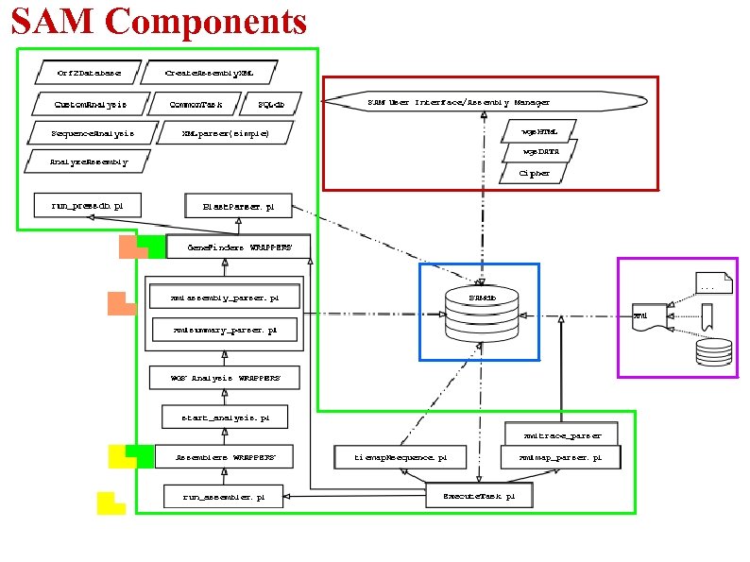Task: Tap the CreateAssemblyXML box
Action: (210, 72)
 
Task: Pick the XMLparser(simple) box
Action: (226, 133)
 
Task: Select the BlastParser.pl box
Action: (240, 205)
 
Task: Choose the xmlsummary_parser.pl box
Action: (225, 331)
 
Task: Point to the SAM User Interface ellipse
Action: (484, 101)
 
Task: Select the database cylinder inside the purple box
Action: (710, 351)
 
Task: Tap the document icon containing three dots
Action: (712, 282)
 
